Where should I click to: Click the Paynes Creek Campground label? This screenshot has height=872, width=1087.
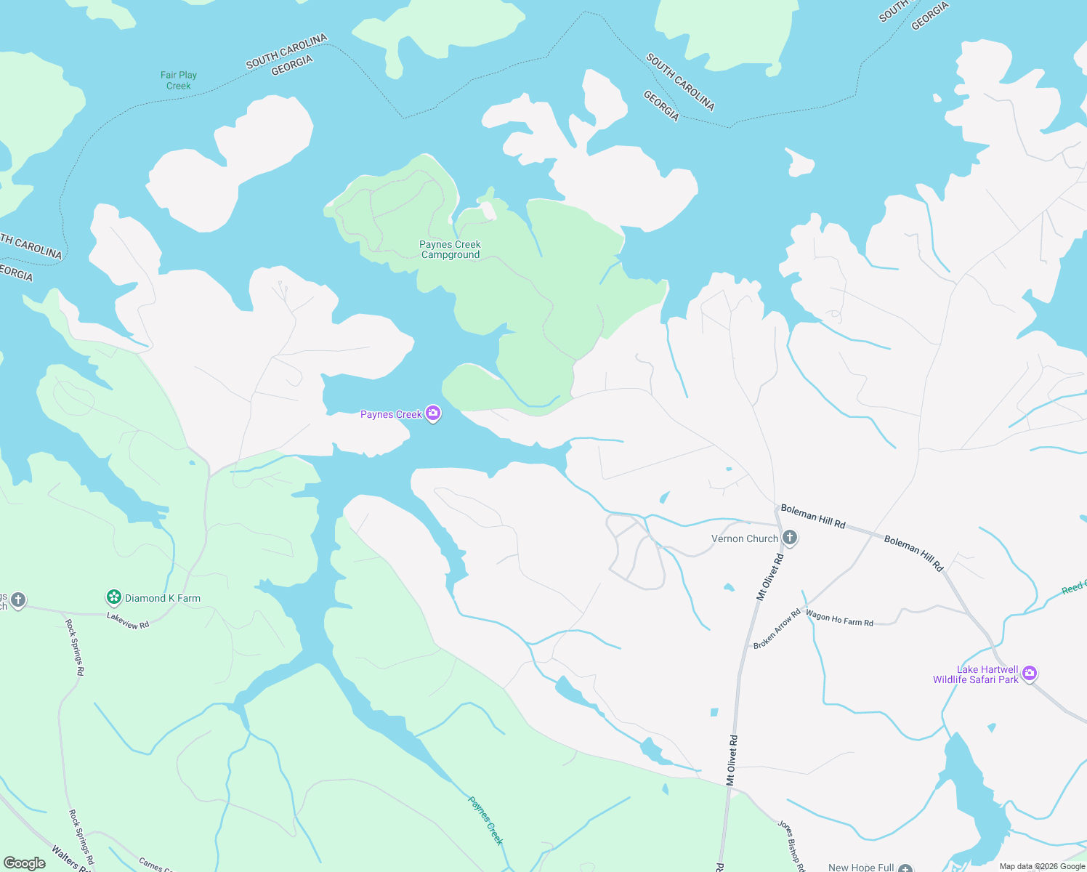pos(450,249)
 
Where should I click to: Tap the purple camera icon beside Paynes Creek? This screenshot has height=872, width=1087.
pos(433,413)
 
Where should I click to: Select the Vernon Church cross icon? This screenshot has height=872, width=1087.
pos(790,538)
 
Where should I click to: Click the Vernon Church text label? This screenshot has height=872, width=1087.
pos(744,538)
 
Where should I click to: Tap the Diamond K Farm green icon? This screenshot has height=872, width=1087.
pos(113,597)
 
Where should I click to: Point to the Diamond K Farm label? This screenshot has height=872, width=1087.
pos(163,598)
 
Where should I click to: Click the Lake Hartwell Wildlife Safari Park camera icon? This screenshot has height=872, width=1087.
pos(1029,674)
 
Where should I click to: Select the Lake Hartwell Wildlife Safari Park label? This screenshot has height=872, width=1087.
pos(976,674)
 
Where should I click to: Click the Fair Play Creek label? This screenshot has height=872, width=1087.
pos(179,80)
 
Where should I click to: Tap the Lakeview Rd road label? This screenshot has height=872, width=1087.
pos(128,620)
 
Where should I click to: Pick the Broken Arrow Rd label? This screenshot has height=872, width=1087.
pos(777,629)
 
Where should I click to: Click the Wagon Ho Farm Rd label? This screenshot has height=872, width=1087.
pos(839,618)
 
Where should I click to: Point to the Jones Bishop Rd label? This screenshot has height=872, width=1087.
pos(791,845)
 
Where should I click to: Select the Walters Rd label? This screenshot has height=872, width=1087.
pos(71,858)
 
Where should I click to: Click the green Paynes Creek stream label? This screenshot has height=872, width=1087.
pos(485,820)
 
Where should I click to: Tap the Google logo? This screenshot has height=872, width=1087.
pos(25,863)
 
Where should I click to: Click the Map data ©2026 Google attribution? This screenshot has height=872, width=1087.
pos(1042,866)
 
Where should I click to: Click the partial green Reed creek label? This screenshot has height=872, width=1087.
pos(1074,587)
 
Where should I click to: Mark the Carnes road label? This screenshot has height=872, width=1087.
pos(154,864)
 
